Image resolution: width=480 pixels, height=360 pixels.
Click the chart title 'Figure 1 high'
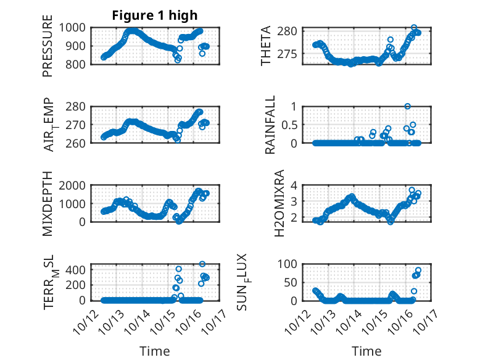[x=154, y=15]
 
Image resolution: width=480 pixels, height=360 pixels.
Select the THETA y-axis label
[x=266, y=46]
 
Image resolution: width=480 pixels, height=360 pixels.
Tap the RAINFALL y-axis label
[x=270, y=125]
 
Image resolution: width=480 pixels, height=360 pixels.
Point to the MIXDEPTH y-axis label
[x=48, y=203]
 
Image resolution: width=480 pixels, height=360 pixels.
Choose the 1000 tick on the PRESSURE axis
[x=75, y=28]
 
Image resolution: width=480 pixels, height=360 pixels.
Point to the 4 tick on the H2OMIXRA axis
[x=295, y=185]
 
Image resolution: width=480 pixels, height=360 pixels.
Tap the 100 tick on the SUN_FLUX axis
[x=291, y=264]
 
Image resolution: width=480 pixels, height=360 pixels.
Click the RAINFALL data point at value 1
[x=407, y=106]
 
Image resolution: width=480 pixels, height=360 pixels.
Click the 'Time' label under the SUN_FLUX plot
[x=366, y=351]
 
